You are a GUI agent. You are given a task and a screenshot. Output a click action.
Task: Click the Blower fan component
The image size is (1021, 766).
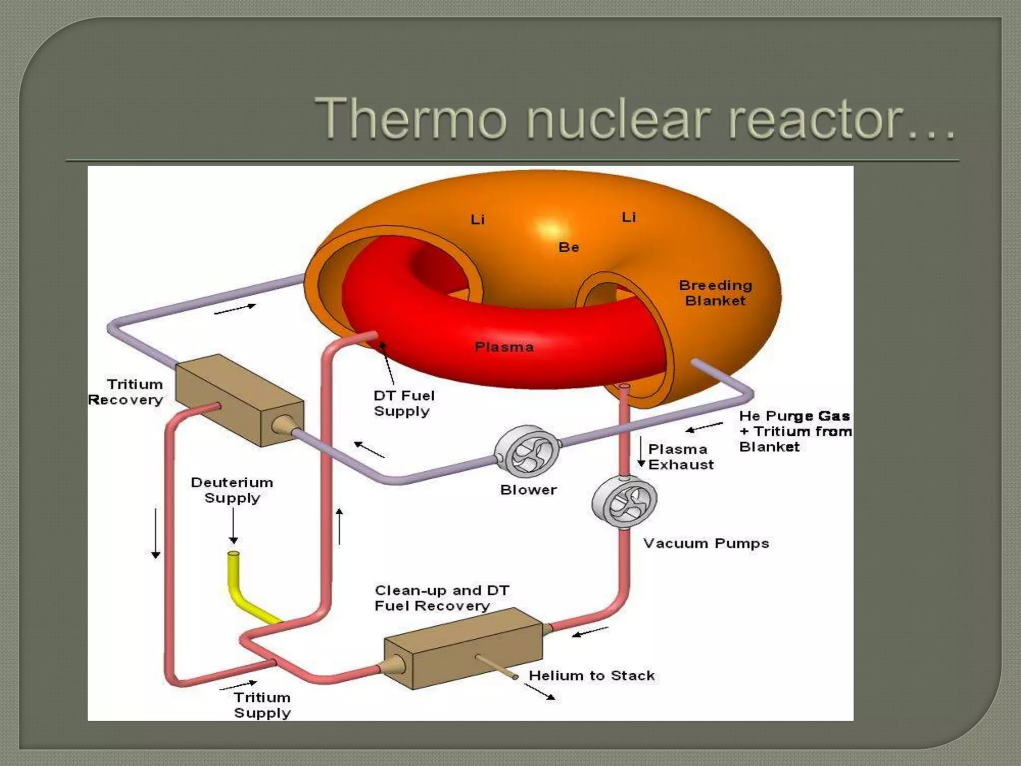point(527,451)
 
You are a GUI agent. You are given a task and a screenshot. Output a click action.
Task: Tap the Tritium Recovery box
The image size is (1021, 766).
point(239,399)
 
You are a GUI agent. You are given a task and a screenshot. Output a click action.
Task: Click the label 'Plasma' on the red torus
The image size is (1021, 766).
point(504,347)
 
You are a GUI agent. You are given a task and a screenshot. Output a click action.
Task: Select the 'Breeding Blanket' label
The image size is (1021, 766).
point(715,293)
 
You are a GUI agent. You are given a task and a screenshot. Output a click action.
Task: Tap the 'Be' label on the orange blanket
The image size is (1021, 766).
point(569,247)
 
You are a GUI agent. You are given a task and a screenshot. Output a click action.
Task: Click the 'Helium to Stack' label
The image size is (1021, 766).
point(592,676)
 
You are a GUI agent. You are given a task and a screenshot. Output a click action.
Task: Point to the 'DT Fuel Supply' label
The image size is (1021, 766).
point(404,403)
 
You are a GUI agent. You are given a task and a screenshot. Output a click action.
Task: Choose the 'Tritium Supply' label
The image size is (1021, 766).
point(262,705)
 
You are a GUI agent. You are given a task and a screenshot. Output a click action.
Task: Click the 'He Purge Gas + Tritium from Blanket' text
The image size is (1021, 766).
point(795,431)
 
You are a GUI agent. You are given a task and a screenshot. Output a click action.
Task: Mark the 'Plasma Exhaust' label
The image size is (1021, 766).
point(681,457)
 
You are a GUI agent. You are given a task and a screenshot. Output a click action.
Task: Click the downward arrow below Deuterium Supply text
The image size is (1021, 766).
point(233,528)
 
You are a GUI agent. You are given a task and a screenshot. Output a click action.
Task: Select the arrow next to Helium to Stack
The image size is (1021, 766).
point(540,692)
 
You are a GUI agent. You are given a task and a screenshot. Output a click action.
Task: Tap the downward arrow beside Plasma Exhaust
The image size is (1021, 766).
point(642,452)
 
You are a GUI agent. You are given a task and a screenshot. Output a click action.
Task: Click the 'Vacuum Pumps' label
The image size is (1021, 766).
point(706,543)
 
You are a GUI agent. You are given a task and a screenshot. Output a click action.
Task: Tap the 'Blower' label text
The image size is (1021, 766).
point(528,490)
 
